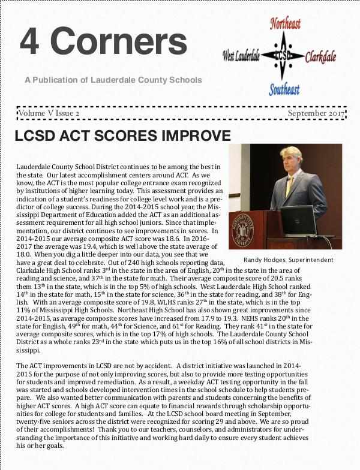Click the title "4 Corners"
pos(103,41)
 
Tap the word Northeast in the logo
pos(285,23)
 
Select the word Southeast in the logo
pos(284,90)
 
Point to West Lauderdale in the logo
pos(241,56)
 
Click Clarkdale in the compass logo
pos(320,58)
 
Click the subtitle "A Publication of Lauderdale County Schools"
pos(113,80)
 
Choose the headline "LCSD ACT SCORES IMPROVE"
pos(122,135)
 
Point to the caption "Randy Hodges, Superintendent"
pos(289,260)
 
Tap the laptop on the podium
pos(298,219)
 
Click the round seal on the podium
pos(243,230)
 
